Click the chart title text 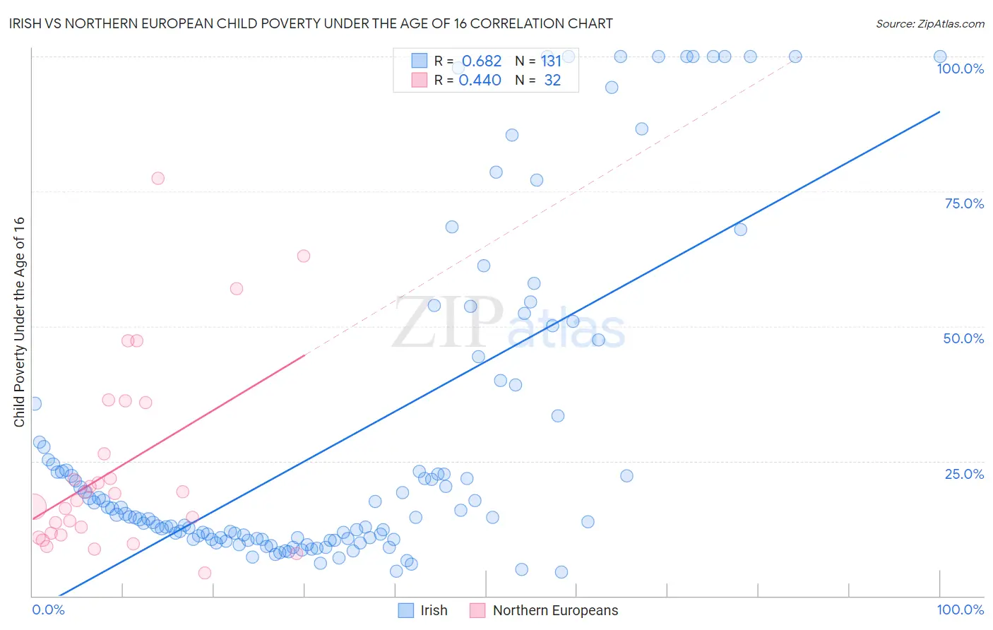pos(311,23)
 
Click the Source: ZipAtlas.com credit pos(929,23)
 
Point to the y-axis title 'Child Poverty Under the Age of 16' pos(19,321)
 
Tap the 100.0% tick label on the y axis pos(960,69)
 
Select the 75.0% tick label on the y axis pos(964,203)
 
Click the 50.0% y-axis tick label pos(963,338)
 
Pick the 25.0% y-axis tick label pos(964,473)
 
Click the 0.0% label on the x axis pos(48,610)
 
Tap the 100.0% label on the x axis pos(960,610)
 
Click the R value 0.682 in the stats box pos(481,61)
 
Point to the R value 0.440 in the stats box pos(480,81)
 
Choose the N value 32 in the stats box pos(552,81)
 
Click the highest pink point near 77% pos(157,178)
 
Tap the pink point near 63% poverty pos(304,256)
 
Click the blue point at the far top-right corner pos(940,57)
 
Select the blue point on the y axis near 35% pos(35,403)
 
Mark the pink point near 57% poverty pos(237,288)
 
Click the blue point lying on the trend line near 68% pos(740,229)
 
